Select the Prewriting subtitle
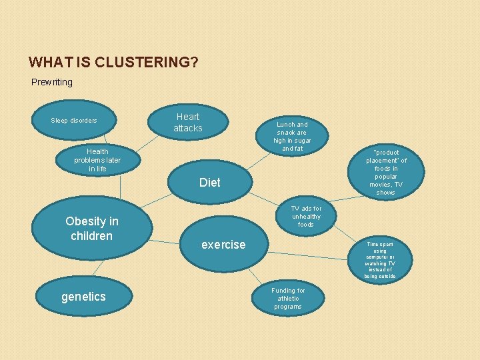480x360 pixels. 52,82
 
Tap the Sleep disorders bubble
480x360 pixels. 74,121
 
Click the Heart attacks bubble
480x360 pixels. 188,122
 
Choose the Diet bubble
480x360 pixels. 209,182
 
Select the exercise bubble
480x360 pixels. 223,245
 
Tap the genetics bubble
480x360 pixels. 83,297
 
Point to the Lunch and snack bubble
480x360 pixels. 292,136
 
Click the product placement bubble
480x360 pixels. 385,172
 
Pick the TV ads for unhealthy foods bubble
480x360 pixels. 305,217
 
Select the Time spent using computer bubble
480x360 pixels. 380,260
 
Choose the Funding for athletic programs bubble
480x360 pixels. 288,299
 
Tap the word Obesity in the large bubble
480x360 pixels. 86,221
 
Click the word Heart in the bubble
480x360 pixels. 188,117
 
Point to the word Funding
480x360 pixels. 288,291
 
